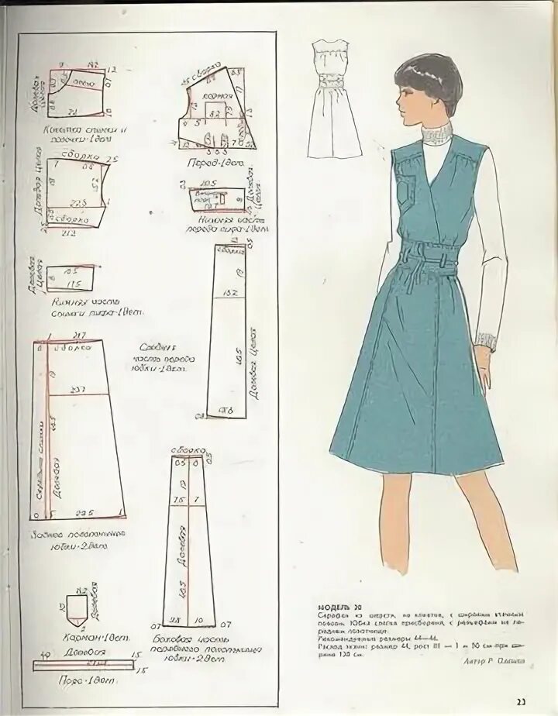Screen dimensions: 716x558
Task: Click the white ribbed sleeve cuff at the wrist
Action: click(x=487, y=342)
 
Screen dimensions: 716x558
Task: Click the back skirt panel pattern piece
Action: click(x=77, y=430)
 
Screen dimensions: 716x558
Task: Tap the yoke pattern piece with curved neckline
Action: click(x=77, y=91)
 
